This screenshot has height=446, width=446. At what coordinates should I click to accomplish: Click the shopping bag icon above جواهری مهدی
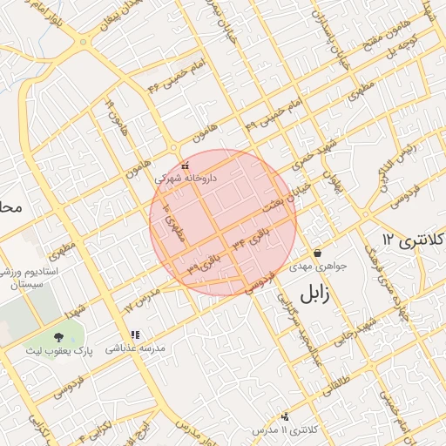click(317, 252)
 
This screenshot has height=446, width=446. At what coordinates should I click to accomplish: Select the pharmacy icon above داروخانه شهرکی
click(184, 166)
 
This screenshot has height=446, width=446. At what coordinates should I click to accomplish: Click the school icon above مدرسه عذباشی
click(134, 334)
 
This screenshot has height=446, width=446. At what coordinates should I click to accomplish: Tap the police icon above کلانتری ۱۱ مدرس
click(285, 417)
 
